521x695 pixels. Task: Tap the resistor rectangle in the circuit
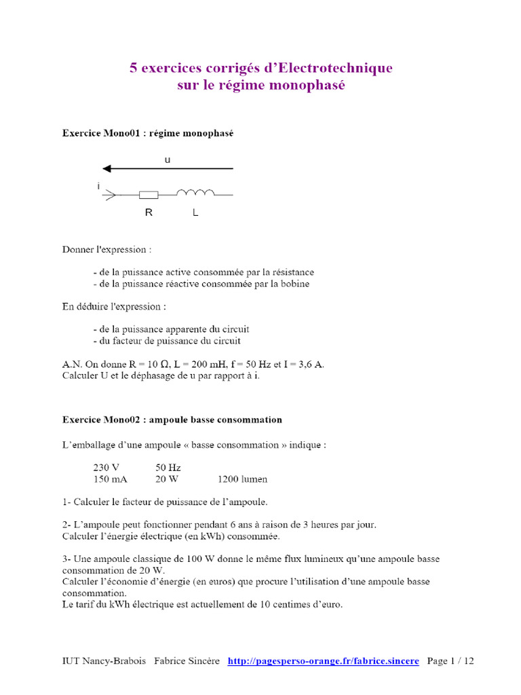pos(149,195)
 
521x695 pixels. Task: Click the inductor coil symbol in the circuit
pos(195,193)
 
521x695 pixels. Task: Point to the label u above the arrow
pos(168,159)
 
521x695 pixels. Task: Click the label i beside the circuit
pos(99,185)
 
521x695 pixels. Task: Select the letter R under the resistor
pos(149,212)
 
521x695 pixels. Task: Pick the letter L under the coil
pos(195,212)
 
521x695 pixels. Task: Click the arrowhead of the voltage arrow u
pos(107,168)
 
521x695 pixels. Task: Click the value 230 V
pos(106,468)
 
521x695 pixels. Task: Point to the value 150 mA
pos(109,479)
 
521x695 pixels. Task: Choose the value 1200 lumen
pos(242,479)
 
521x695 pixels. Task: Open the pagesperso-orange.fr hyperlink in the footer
pos(323,660)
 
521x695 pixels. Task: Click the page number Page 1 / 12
pos(450,660)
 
